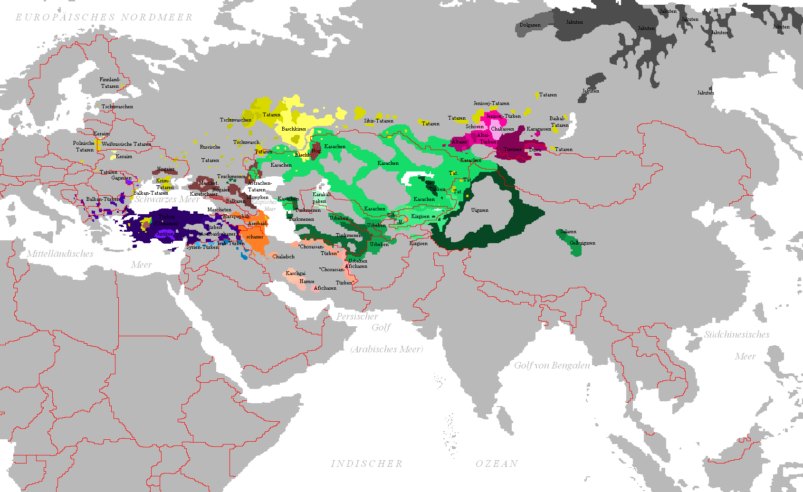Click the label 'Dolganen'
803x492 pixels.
(x=530, y=25)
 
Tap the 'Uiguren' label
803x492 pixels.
(x=479, y=210)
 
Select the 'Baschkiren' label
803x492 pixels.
(x=294, y=129)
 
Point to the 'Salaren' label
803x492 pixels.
(x=568, y=232)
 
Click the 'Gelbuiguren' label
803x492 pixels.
(x=582, y=243)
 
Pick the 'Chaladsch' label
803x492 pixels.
(x=283, y=257)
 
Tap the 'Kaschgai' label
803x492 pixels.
(x=296, y=274)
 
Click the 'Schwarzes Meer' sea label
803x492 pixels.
(x=166, y=199)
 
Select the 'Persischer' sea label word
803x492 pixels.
(x=357, y=317)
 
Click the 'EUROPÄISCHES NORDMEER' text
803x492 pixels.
(x=104, y=18)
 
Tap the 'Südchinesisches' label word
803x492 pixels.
(x=736, y=335)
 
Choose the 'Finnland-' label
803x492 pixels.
(x=110, y=80)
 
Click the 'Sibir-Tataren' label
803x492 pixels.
(x=379, y=121)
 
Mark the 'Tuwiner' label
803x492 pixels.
(x=513, y=150)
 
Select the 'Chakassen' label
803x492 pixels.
(x=502, y=129)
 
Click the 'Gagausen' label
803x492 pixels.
(x=121, y=178)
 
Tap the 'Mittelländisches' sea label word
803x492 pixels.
(x=60, y=254)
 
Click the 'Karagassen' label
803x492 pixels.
(x=539, y=129)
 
